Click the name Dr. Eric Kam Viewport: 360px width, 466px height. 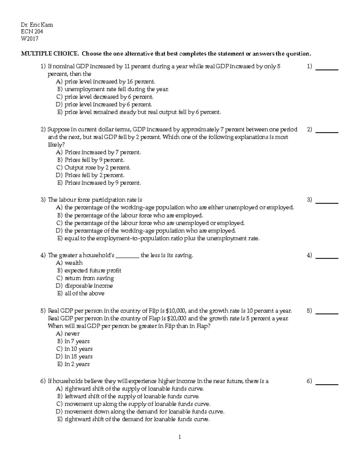point(37,25)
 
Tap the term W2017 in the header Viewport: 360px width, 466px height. point(29,39)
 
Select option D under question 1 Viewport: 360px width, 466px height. point(104,104)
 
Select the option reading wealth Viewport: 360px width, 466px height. point(69,263)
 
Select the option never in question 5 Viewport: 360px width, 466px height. point(68,334)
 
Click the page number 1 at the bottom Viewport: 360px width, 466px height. point(180,437)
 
